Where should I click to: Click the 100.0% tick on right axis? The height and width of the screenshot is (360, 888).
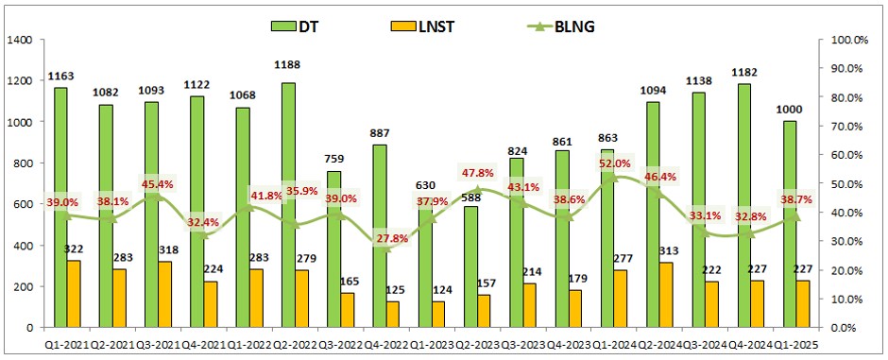pyautogui.click(x=845, y=40)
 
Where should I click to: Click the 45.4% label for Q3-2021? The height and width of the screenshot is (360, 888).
pyautogui.click(x=158, y=183)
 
